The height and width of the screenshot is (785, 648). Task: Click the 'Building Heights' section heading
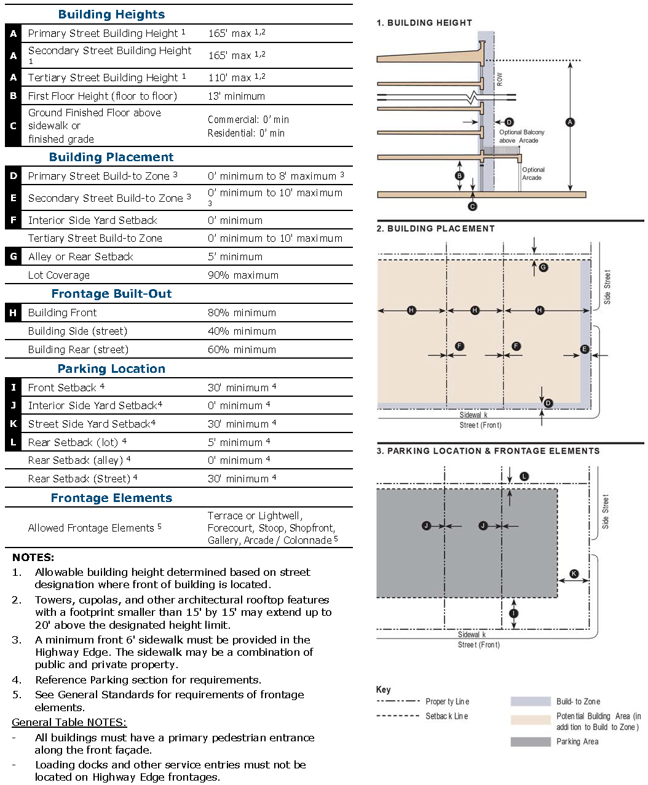point(111,14)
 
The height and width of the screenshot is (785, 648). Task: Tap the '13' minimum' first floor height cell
point(236,96)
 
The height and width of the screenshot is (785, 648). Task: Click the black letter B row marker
point(13,96)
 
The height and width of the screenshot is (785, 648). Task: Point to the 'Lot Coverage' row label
point(59,275)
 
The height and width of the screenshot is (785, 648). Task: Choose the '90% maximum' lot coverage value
point(243,275)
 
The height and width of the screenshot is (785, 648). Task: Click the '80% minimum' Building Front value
point(242,313)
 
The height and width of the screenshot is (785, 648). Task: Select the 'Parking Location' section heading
point(111,369)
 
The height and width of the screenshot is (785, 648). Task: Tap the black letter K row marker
point(13,424)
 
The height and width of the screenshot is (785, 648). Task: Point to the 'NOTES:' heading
point(33,557)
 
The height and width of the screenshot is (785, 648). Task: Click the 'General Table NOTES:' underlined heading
point(69,722)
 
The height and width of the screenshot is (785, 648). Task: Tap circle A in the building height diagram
point(570,122)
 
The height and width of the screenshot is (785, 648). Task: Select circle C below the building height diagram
point(472,207)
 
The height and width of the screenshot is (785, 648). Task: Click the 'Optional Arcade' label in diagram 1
point(533,173)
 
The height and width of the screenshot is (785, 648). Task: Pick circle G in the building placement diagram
point(543,268)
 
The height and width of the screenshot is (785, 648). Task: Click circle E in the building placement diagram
point(585,349)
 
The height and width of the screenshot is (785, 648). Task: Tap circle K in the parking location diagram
point(574,574)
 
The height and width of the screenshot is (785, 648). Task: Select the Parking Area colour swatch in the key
point(530,742)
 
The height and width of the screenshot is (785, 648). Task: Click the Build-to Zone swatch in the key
point(530,701)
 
